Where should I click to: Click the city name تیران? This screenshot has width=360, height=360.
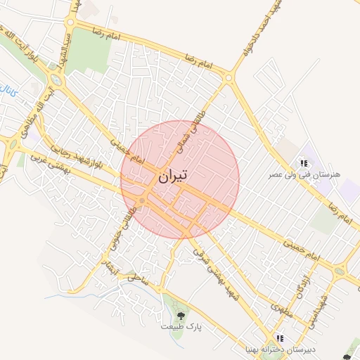172,176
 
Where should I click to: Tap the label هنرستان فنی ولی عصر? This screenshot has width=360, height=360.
307,172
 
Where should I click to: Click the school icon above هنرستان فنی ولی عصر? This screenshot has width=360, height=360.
304,162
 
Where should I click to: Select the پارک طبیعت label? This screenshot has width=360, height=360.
180,327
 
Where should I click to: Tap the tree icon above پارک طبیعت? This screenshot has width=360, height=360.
181,316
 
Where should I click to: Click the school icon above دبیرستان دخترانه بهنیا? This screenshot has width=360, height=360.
281,338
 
